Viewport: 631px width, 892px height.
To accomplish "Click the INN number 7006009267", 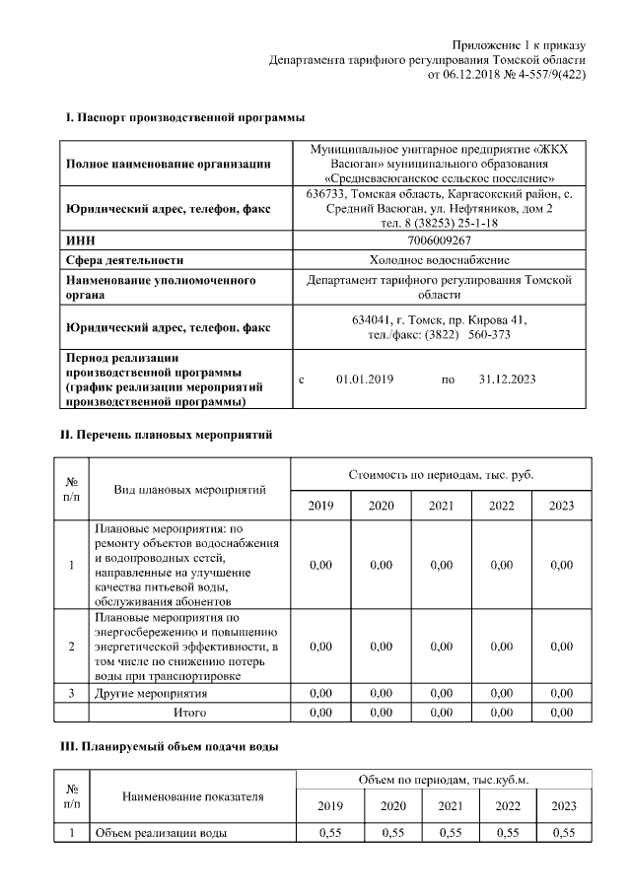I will pyautogui.click(x=439, y=240).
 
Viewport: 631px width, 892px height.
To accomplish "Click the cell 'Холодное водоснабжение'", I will pyautogui.click(x=439, y=260).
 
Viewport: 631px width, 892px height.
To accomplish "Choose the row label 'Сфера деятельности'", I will pyautogui.click(x=123, y=260).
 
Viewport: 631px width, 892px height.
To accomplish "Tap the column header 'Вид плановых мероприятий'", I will pyautogui.click(x=190, y=490).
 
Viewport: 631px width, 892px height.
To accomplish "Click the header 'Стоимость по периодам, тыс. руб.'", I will pyautogui.click(x=441, y=475).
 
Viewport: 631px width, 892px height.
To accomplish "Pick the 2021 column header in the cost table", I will pyautogui.click(x=441, y=506).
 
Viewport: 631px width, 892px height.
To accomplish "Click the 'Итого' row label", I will pyautogui.click(x=190, y=712).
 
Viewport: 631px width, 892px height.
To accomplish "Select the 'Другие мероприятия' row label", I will pyautogui.click(x=151, y=694).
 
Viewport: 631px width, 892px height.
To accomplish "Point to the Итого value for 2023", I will pyautogui.click(x=561, y=712).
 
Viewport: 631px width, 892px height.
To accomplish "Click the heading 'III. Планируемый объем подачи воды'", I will pyautogui.click(x=170, y=747).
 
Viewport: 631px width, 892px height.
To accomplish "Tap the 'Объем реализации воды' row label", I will pyautogui.click(x=161, y=834).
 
